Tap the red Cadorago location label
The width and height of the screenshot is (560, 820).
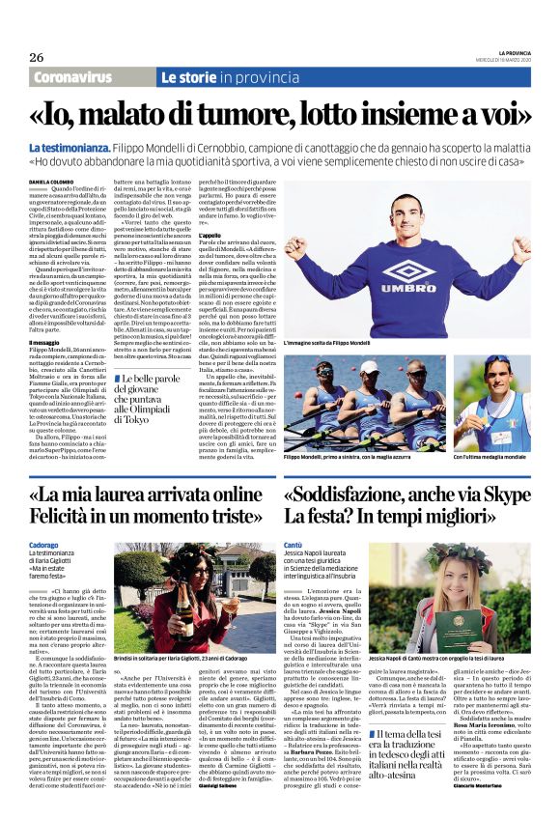point(44,545)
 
